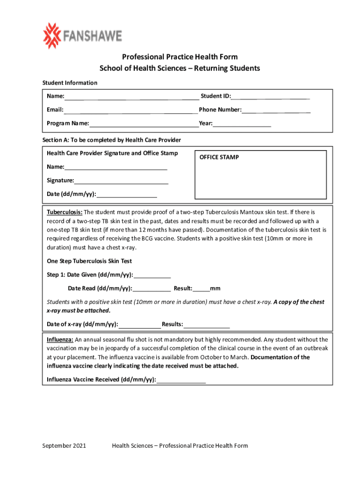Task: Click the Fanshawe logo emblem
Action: click(52, 36)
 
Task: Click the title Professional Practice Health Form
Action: click(180, 57)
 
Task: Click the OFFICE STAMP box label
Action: click(219, 157)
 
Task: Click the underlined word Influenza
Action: click(60, 340)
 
